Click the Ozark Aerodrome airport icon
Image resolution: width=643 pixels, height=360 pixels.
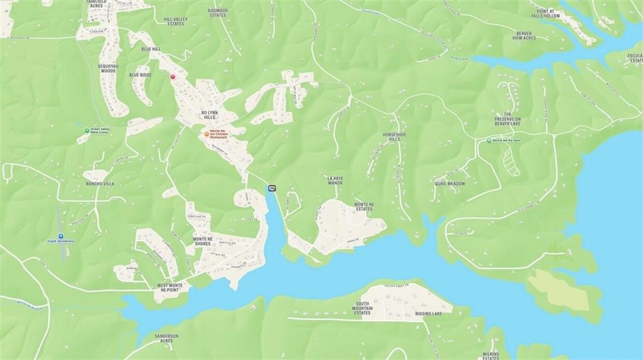click(x=60, y=236)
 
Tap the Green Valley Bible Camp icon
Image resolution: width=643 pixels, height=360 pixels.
click(x=87, y=129)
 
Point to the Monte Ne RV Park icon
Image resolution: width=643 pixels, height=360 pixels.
click(x=489, y=141)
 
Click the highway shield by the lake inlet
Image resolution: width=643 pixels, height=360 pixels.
click(x=272, y=188)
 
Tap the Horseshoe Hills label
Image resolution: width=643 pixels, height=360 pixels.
click(x=391, y=137)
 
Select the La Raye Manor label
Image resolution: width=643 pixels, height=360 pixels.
click(x=335, y=180)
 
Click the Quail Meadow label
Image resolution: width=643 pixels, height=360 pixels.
click(x=450, y=183)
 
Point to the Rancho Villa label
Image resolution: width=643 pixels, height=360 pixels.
click(x=100, y=183)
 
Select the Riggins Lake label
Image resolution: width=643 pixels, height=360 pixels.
click(x=428, y=314)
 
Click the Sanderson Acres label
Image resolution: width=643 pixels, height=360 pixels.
click(x=166, y=338)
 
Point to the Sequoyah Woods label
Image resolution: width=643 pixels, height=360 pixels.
click(x=107, y=68)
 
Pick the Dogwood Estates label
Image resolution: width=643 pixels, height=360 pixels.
click(x=217, y=13)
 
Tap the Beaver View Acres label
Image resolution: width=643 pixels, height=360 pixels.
click(x=524, y=36)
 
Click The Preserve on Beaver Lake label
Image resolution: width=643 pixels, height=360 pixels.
click(x=507, y=119)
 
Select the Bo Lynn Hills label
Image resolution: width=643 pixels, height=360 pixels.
click(x=208, y=115)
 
